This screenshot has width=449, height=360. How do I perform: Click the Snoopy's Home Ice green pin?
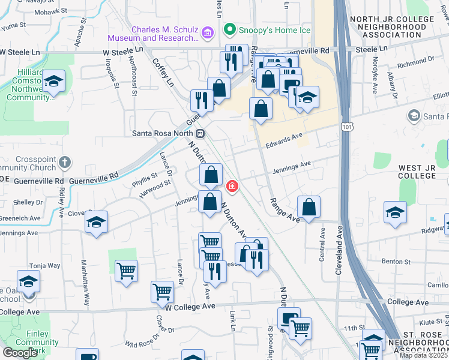pyautogui.click(x=229, y=29)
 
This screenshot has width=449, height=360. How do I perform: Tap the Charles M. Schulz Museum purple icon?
pyautogui.click(x=208, y=32)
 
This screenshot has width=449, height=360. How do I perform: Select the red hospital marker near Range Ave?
pyautogui.click(x=232, y=187)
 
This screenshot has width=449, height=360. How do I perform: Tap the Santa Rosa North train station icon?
pyautogui.click(x=200, y=133)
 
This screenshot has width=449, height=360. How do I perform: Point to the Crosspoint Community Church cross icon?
pyautogui.click(x=65, y=162)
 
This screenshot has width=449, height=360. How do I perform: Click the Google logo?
pyautogui.click(x=20, y=352)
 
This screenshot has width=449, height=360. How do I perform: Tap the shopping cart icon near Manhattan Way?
pyautogui.click(x=126, y=271)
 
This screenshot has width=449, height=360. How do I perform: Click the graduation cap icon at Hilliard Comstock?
pyautogui.click(x=54, y=82)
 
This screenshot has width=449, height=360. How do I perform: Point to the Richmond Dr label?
pyautogui.click(x=411, y=62)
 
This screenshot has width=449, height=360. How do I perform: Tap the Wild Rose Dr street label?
pyautogui.click(x=140, y=344)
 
